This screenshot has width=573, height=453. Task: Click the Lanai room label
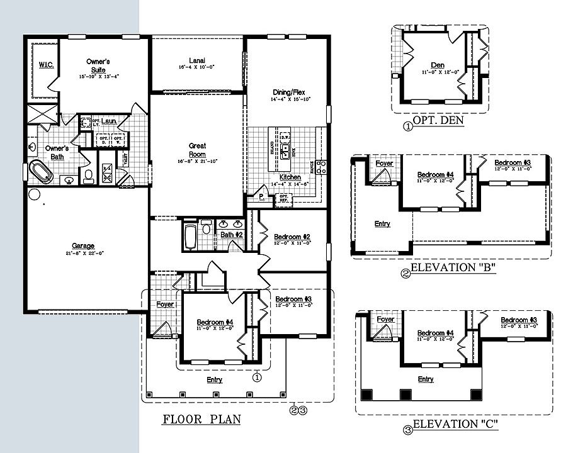pyautogui.click(x=197, y=60)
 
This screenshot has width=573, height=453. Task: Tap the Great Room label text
pyautogui.click(x=197, y=150)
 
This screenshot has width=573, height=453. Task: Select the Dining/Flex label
pyautogui.click(x=288, y=92)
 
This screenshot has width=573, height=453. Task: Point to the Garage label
pyautogui.click(x=83, y=246)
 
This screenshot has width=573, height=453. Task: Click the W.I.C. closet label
pyautogui.click(x=45, y=65)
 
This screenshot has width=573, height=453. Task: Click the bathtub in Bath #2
pyautogui.click(x=191, y=236)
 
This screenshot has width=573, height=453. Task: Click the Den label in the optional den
pyautogui.click(x=438, y=65)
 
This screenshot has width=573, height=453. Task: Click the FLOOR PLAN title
pyautogui.click(x=201, y=419)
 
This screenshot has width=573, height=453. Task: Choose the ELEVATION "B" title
pyautogui.click(x=453, y=269)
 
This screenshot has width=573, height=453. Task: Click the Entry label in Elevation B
pyautogui.click(x=382, y=223)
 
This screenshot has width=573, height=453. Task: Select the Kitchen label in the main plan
pyautogui.click(x=290, y=177)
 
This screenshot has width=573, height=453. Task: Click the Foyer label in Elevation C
pyautogui.click(x=385, y=320)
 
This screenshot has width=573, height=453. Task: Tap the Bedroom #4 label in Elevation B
pyautogui.click(x=436, y=174)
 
